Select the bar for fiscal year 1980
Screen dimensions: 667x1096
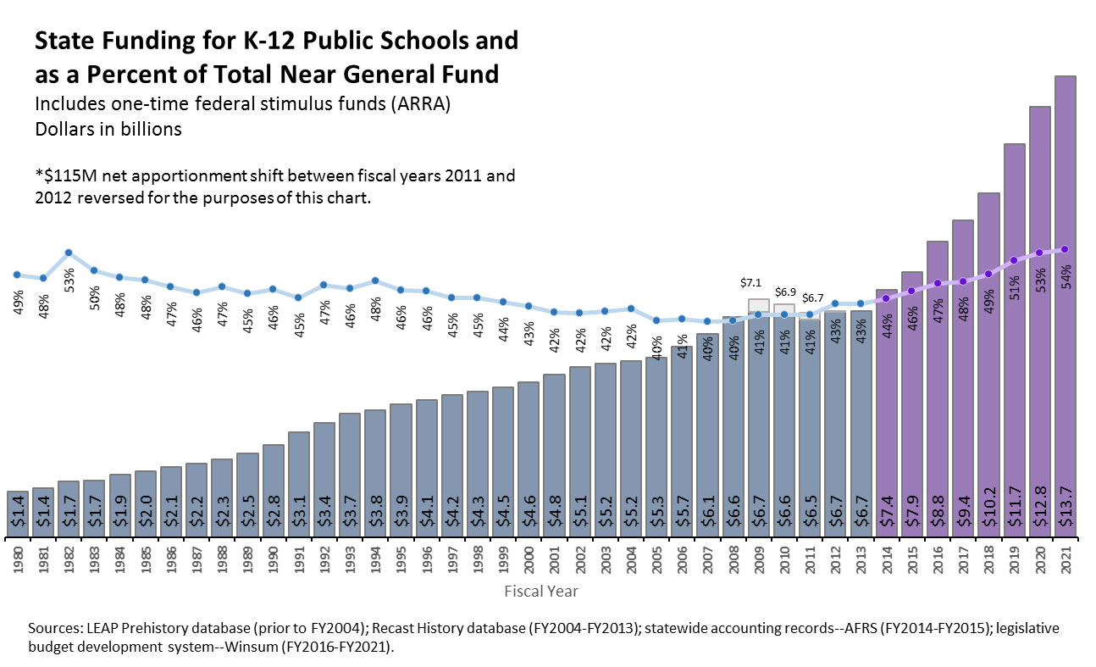[x=17, y=514]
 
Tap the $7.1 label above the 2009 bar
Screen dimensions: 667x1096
[x=752, y=282]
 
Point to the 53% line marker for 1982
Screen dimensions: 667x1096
[x=69, y=253]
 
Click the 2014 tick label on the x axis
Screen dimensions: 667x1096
[x=886, y=562]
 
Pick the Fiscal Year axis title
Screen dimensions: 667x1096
[x=540, y=591]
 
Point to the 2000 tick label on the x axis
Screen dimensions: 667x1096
[x=529, y=562]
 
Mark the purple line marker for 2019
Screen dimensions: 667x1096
[x=1014, y=260]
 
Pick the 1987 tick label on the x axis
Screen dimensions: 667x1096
[x=197, y=562]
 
